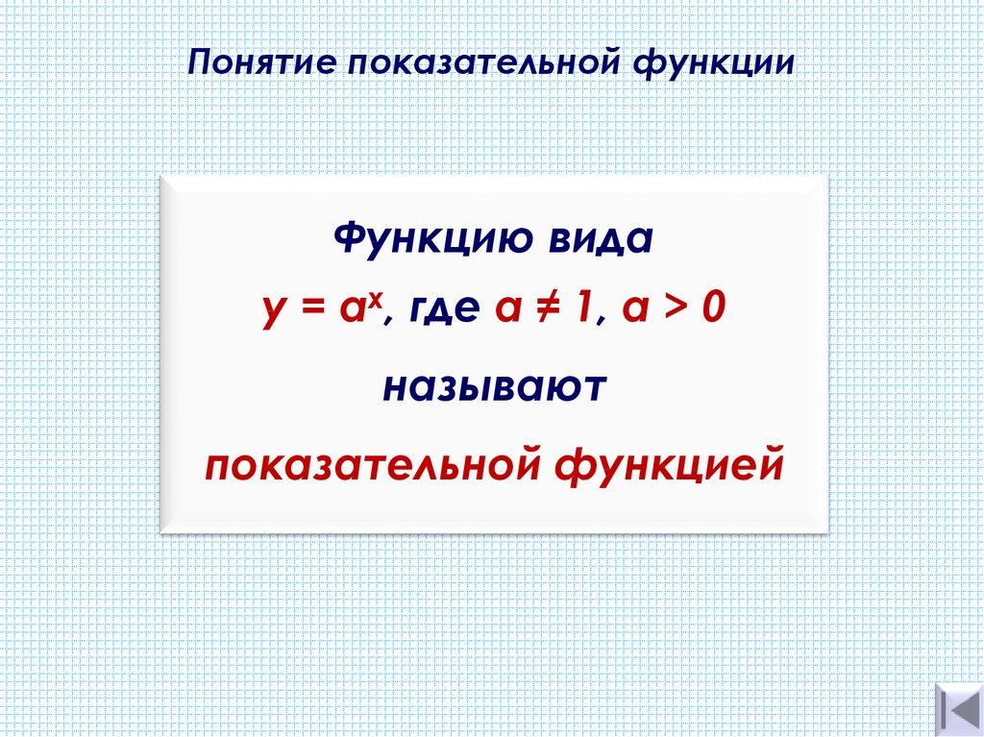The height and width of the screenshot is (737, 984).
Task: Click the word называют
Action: [493, 388]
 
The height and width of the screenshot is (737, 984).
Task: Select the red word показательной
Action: [374, 465]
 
